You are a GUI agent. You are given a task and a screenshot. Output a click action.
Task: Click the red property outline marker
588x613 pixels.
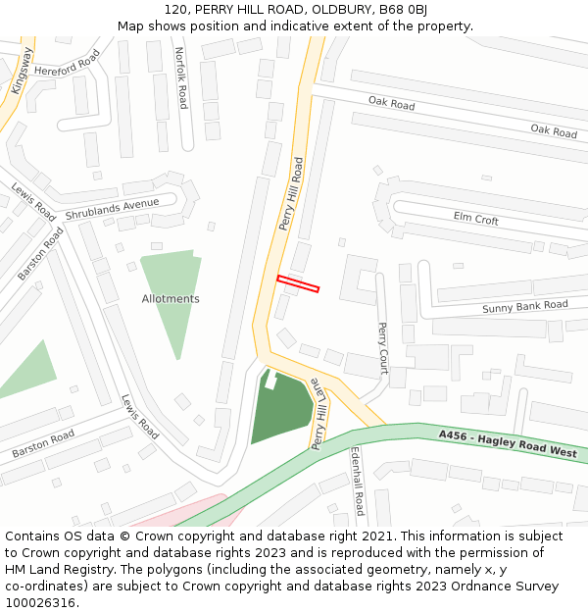[x=298, y=283]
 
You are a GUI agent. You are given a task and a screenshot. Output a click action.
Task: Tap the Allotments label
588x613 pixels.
[x=171, y=299]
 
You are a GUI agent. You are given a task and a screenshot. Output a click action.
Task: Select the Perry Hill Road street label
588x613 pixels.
[x=291, y=194]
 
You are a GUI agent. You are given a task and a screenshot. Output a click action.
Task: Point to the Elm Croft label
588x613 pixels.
[x=476, y=219]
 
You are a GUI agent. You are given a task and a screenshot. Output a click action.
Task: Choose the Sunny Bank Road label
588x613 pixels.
[x=524, y=307]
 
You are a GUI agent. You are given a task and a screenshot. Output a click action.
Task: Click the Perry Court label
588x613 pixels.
[x=383, y=347]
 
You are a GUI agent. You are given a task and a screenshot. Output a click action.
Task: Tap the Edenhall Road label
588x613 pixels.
[x=358, y=482]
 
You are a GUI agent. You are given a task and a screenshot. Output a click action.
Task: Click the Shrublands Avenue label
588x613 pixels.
[x=112, y=209]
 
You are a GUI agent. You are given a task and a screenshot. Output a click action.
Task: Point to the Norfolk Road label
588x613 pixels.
[x=181, y=77]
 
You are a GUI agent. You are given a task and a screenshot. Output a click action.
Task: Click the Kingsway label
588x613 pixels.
[x=22, y=71]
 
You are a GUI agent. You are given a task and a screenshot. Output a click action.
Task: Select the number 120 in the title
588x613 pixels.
[x=176, y=9]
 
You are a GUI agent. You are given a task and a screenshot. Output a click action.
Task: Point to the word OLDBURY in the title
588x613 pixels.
[x=339, y=9]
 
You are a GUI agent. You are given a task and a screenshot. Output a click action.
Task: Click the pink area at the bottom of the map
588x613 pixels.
[x=186, y=511]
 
